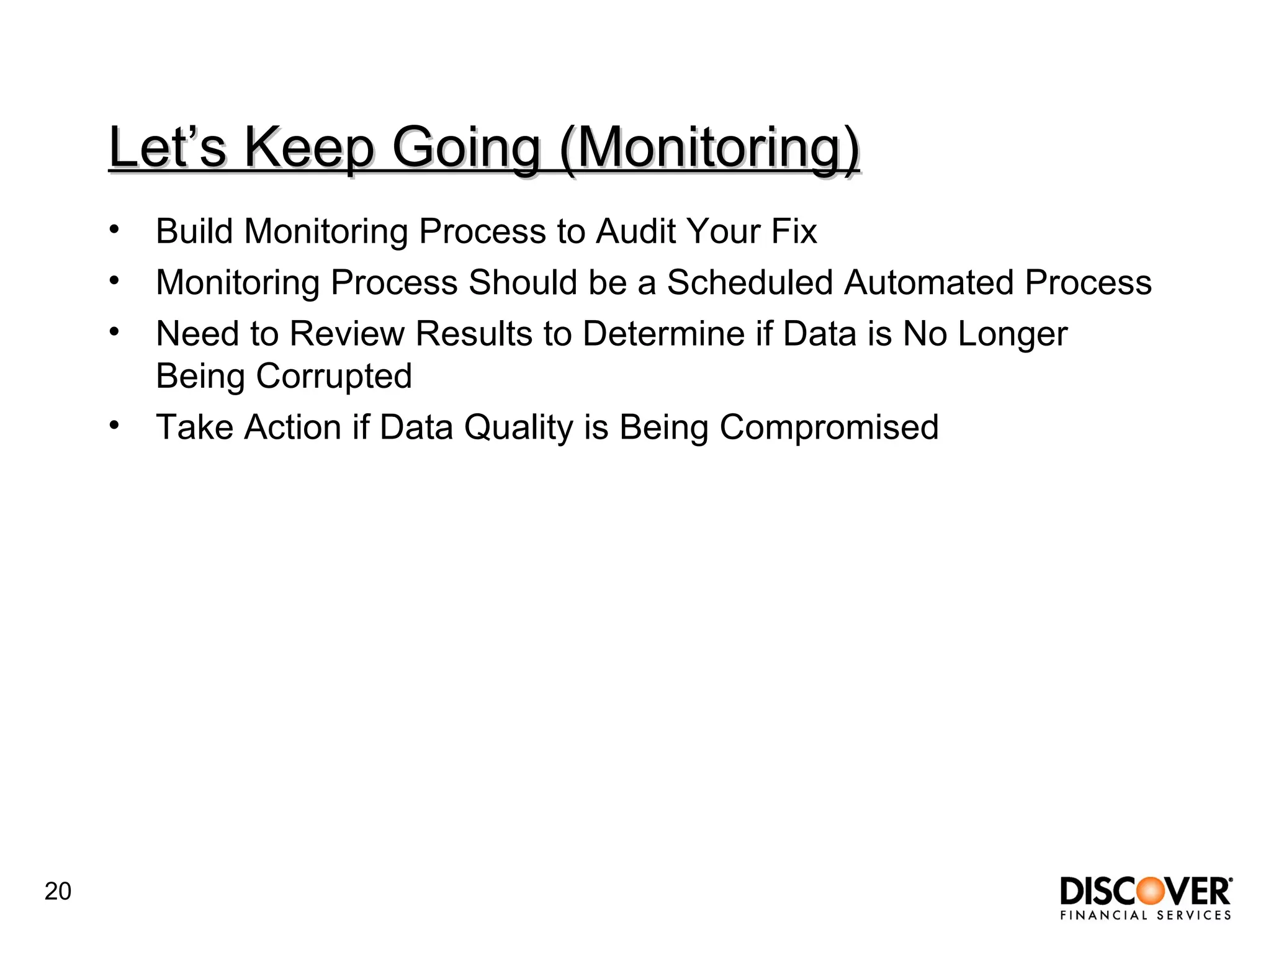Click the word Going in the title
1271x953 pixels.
[x=466, y=148]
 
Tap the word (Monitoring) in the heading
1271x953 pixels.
[x=709, y=148]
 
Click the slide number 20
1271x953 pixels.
[x=58, y=892]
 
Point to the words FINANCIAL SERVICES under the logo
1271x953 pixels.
[x=1146, y=915]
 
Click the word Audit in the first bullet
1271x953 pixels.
[x=635, y=231]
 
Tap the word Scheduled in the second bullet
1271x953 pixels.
[x=749, y=283]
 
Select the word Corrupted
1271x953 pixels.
[x=334, y=377]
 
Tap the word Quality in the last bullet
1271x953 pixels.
[x=519, y=428]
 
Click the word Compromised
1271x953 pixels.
[x=829, y=428]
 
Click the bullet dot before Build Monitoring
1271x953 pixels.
[x=114, y=230]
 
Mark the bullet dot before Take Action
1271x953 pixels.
[x=114, y=426]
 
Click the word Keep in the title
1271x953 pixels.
[x=308, y=148]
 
